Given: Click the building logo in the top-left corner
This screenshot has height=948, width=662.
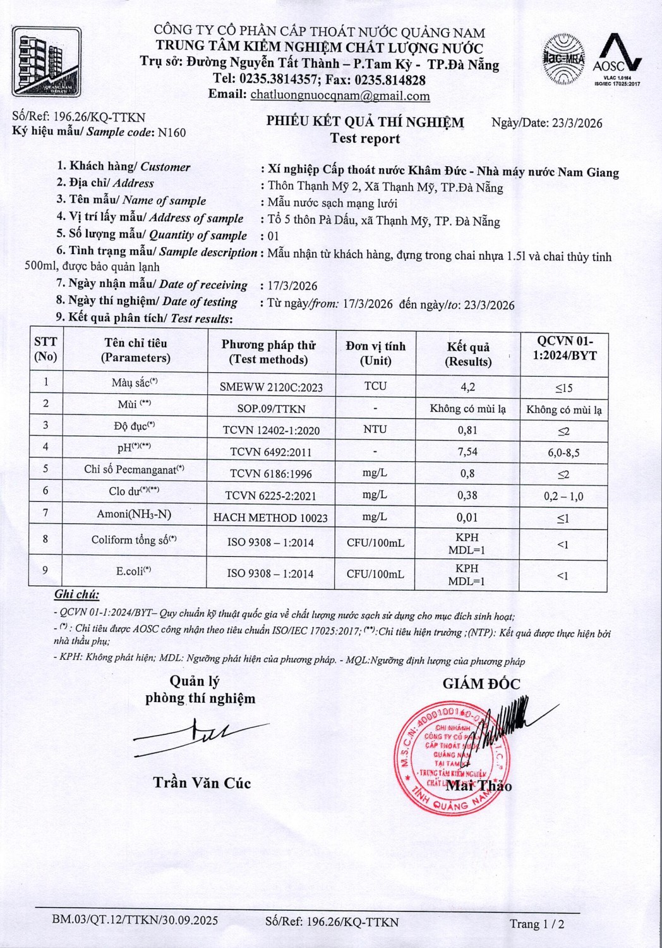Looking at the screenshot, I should pos(47,61).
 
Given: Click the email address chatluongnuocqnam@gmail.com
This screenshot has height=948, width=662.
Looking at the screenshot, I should pos(340,96).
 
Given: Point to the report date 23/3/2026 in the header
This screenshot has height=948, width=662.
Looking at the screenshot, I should pos(577,123).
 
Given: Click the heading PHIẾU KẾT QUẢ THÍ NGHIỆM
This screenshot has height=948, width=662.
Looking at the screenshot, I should pos(364,122).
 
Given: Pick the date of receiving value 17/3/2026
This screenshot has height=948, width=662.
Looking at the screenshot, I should pos(292,286).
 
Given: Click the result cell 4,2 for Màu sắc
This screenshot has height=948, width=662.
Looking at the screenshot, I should pos(467,387).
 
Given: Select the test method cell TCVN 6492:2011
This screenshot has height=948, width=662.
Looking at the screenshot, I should pos(270,452).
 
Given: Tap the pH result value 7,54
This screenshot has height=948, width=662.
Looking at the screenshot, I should pos(467,451).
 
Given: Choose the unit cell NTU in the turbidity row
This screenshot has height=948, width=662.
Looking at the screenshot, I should pos(375,429).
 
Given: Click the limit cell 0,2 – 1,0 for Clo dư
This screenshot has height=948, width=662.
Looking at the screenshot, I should pos(563,497).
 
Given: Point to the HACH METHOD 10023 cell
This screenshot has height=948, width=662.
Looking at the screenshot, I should pos(270,518).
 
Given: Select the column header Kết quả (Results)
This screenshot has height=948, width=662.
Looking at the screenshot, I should pos(468,354).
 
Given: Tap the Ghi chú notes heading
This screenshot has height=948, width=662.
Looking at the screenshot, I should pos(76,594).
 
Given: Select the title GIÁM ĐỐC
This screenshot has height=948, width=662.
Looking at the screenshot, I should pos(481,683).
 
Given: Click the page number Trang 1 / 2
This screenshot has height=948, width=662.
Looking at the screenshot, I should pos(537,924).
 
